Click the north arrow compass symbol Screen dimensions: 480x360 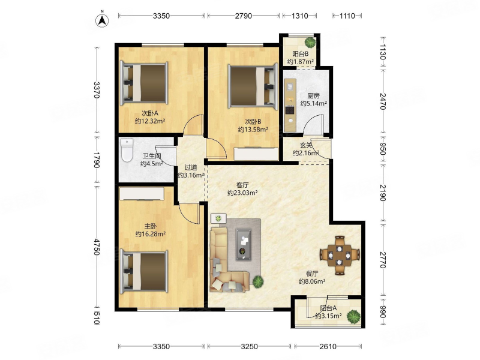point(102,20)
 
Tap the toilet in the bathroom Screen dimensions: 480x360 point(127,150)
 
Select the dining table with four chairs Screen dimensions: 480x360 point(340,255)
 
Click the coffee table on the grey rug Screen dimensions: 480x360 point(244,245)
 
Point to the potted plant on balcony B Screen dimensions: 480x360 point(310,42)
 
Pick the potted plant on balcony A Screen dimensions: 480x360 point(353,316)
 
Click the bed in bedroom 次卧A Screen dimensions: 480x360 point(144,83)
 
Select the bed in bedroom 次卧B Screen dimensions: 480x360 point(253,86)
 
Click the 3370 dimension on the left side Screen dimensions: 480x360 point(97,89)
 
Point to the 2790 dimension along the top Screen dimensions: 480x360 point(244,16)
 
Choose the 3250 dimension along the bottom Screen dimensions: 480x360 point(249,347)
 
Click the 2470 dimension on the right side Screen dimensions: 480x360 point(383,101)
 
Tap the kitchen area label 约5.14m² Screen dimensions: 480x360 point(313,103)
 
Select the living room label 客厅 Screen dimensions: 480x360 point(242,185)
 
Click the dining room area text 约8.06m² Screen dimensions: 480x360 point(312,281)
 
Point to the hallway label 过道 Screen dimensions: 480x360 point(191,167)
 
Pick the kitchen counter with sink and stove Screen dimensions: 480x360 point(290,106)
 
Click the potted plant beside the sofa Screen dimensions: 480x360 point(258,281)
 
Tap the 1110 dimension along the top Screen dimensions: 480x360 point(347,16)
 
